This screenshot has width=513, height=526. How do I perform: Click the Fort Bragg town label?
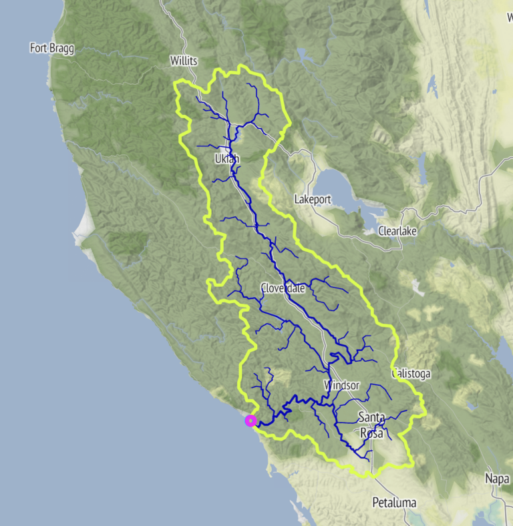pos(52,48)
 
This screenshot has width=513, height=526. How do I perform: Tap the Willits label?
pos(184,61)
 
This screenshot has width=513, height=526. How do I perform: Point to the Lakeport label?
pos(313,199)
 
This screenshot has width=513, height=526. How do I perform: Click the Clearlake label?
pos(397,231)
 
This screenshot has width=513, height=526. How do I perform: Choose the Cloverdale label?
pos(283,288)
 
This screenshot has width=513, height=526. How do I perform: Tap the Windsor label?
pos(341,386)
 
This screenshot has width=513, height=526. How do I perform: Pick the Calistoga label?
pos(411,374)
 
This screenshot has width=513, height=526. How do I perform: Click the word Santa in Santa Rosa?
pos(371,418)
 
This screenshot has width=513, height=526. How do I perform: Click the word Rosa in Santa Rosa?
pos(371,433)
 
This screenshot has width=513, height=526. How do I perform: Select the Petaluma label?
pos(394,502)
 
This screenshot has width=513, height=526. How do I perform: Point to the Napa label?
pos(497,479)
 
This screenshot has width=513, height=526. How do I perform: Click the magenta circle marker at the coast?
pos(250,421)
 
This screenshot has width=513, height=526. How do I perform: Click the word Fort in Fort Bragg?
pos(39,48)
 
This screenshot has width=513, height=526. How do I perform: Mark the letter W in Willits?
pos(174,61)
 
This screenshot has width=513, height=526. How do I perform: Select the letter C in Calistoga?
pos(396,374)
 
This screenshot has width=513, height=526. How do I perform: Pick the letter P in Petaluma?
pos(375,502)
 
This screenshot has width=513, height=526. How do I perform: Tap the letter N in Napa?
pos(488,479)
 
